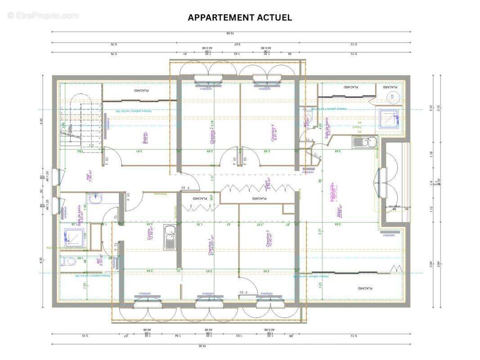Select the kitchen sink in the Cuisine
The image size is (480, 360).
pos(170,237)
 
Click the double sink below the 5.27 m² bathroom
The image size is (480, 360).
pos(365,143)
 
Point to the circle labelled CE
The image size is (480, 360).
pos(392,96)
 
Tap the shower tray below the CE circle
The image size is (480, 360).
pos(389,118)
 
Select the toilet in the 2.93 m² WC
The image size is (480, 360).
pos(68,261)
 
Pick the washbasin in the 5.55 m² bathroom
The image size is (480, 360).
pos(96,198)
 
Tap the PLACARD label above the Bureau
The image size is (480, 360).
pos(141,90)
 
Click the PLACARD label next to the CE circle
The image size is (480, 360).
pos(390,87)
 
